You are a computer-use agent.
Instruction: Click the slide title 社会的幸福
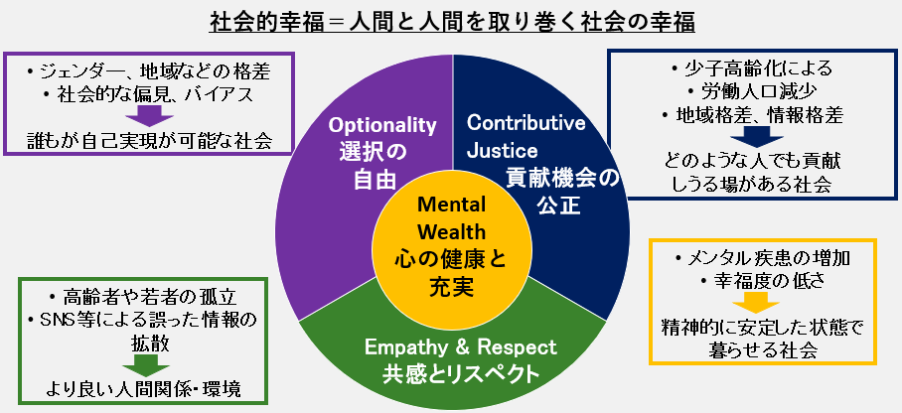point(451,21)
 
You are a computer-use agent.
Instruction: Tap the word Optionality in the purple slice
point(383,125)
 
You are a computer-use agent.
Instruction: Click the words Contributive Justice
point(526,137)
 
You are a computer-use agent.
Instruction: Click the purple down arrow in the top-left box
point(148,114)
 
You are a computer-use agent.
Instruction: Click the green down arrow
point(144,360)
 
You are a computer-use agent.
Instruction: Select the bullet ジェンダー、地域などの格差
point(148,71)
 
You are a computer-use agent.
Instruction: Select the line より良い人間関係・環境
point(144,385)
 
